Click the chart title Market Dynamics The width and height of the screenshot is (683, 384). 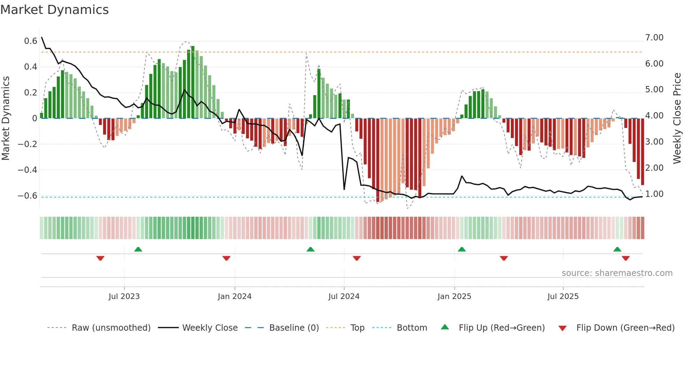click(55, 10)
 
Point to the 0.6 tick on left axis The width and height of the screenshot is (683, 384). click(31, 41)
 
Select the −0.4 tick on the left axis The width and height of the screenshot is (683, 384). click(28, 170)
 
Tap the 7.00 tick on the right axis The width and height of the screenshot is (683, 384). click(654, 38)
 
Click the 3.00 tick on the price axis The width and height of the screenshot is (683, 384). click(654, 142)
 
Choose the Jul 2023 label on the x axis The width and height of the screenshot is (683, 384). click(124, 297)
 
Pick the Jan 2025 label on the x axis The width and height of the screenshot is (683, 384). click(454, 297)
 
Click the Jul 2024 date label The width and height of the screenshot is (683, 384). click(344, 297)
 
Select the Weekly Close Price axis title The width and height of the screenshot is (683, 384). click(677, 118)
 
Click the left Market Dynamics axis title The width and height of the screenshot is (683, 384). click(6, 118)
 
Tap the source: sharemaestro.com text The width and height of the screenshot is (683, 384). click(617, 273)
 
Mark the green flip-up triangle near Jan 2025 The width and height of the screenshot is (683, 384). click(462, 249)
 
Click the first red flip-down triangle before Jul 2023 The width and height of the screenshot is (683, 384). click(100, 258)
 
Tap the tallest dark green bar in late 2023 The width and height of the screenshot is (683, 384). click(193, 82)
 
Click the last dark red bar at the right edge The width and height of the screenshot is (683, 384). click(642, 152)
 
